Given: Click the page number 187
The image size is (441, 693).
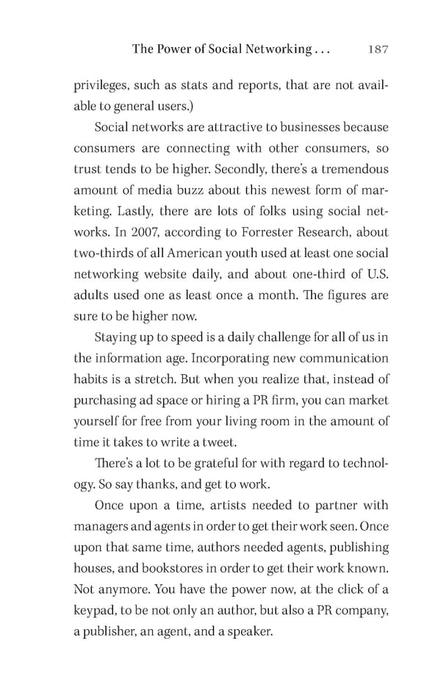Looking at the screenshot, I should tap(376, 49).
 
